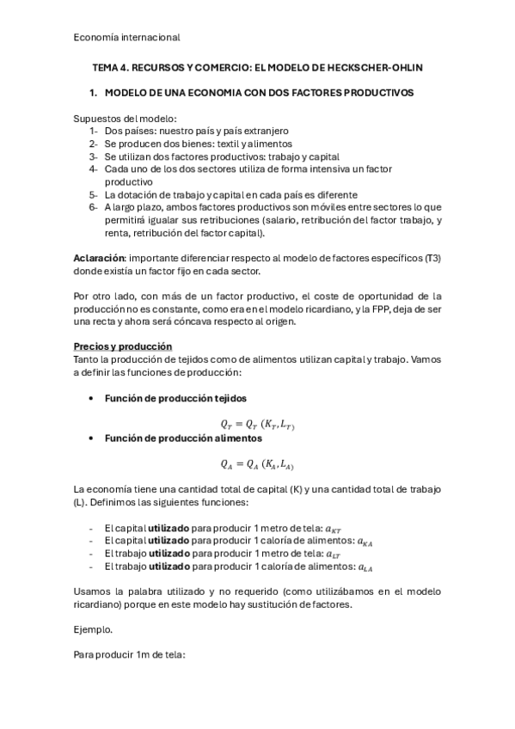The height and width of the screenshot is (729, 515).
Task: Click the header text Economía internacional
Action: (126, 37)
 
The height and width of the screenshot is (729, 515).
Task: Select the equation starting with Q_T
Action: (258, 424)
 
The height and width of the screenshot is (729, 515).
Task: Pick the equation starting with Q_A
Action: (258, 464)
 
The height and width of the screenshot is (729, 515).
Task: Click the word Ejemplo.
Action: (94, 629)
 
